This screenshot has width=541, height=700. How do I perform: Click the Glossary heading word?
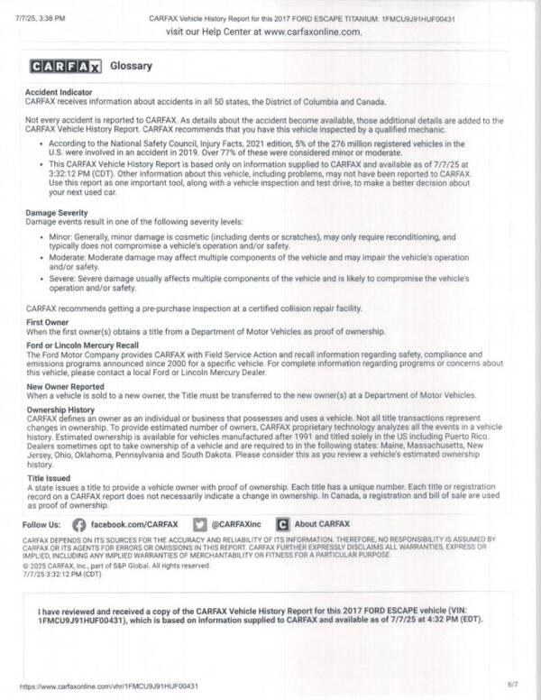[x=131, y=66]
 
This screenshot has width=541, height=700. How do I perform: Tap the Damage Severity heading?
[x=57, y=212]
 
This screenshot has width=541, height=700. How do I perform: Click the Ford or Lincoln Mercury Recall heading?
[x=82, y=345]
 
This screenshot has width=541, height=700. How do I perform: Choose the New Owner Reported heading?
[x=65, y=386]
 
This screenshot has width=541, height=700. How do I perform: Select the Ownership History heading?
[x=61, y=410]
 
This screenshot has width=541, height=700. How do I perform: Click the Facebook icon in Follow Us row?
[x=78, y=523]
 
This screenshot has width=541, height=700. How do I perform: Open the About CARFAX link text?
[x=322, y=523]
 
